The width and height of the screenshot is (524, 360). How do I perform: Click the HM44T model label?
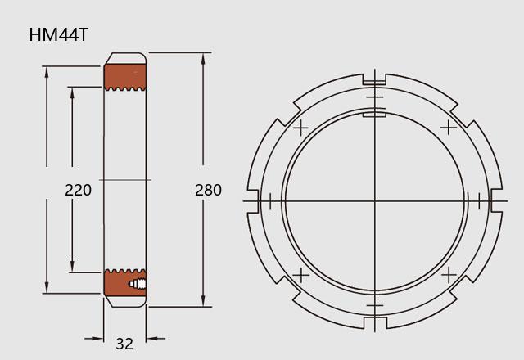point(58,34)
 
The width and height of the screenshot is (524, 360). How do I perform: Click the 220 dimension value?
point(79,190)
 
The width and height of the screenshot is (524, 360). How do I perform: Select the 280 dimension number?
point(208,190)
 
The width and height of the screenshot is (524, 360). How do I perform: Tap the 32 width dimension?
point(124,344)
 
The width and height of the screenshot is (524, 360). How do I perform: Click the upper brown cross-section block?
point(125,77)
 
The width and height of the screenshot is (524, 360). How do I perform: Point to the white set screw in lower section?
point(138,284)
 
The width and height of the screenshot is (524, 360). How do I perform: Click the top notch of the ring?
point(375,79)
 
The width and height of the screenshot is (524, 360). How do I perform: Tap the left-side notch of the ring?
point(254,200)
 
